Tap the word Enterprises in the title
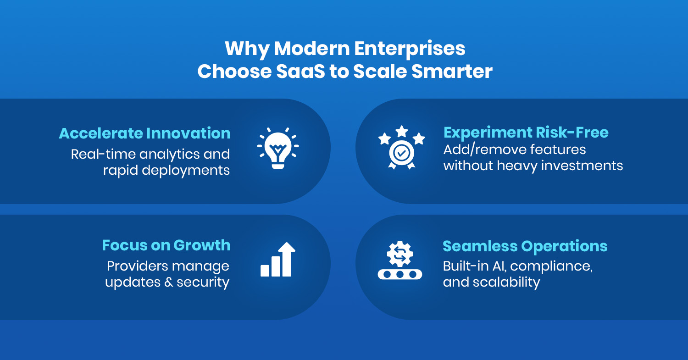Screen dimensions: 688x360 click(410, 49)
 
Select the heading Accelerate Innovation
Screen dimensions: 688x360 click(144, 133)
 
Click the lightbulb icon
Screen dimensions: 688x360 click(278, 149)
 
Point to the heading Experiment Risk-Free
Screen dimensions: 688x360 click(526, 133)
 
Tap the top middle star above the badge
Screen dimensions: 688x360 click(401, 131)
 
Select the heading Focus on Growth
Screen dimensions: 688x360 click(166, 245)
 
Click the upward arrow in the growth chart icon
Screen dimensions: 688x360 click(287, 259)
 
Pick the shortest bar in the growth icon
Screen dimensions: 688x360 click(265, 270)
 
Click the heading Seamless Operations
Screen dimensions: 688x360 click(525, 246)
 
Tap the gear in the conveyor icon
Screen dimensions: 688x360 click(400, 254)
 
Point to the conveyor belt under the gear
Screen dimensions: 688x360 click(400, 274)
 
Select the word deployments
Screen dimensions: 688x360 click(185, 171)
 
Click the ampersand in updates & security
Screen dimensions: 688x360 click(169, 282)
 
